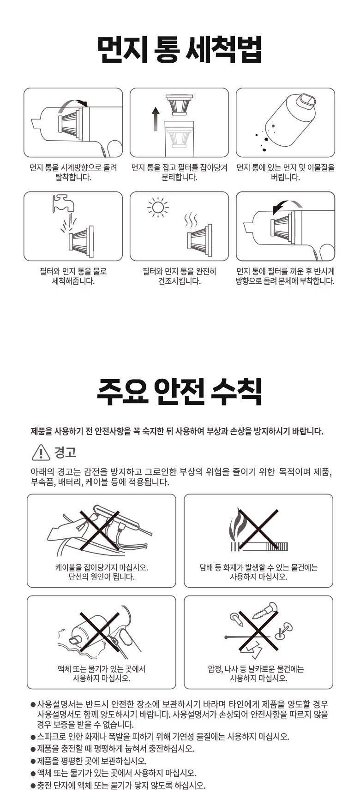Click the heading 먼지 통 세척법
point(180,49)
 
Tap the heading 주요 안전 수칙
point(180,393)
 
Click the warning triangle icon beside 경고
point(41,453)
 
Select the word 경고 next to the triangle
point(65,453)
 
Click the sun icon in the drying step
point(158,208)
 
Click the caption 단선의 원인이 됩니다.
point(102,577)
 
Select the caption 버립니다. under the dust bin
point(285,178)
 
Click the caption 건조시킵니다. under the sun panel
point(180,281)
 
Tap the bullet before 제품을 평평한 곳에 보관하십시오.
point(33,762)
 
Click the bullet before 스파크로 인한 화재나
point(33,737)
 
